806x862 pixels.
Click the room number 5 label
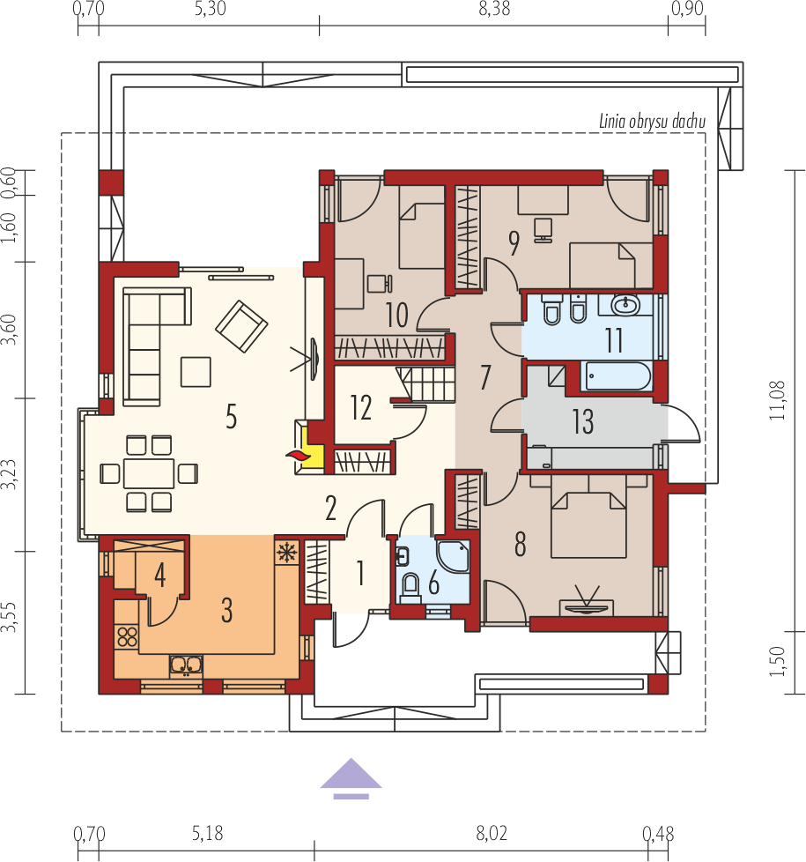pos(232,416)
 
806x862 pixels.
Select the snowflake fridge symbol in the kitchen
pos(287,552)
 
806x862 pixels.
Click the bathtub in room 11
pos(617,376)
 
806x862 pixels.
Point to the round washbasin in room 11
pos(625,305)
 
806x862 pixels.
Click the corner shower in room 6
pos(454,556)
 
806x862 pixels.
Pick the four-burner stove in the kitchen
pos(127,636)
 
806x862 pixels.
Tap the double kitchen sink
pos(186,665)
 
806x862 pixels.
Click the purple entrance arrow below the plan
pos(351,778)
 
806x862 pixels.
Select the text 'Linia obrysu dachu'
pos(652,122)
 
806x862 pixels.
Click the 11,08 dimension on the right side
pos(778,400)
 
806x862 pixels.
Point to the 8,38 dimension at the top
pos(494,8)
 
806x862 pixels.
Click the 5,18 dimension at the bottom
pos(208,834)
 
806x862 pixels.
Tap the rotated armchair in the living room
pos(241,326)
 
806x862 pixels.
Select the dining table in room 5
pos(149,473)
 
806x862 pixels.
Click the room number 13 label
pos(583,421)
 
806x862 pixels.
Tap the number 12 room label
pos(361,408)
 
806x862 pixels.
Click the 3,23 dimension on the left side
pos(9,474)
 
